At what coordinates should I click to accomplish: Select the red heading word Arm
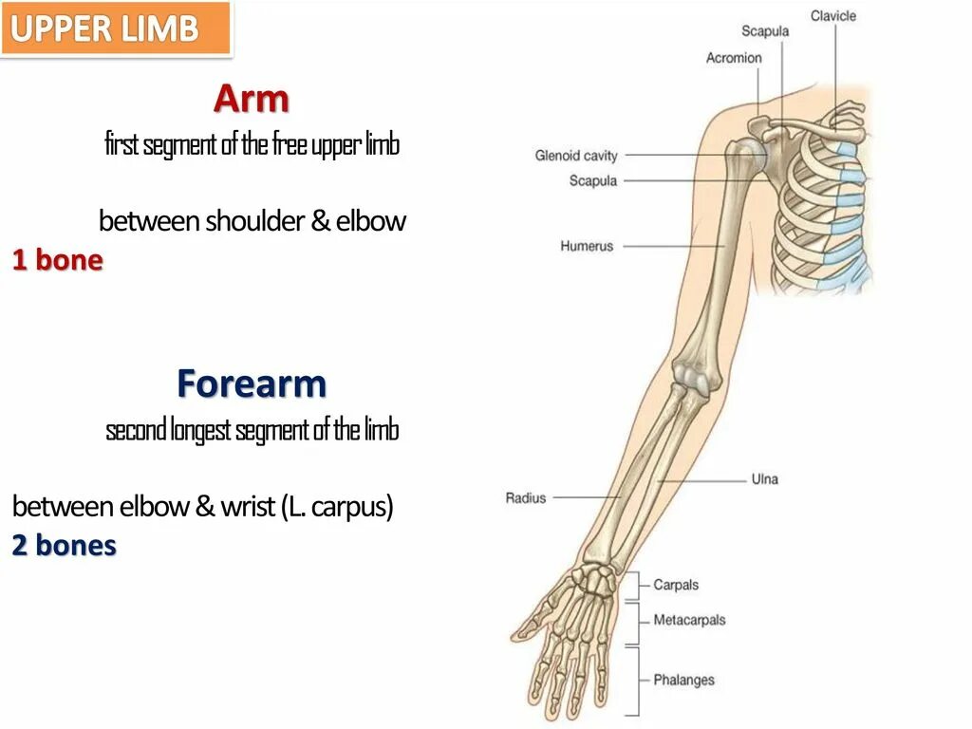coord(251,98)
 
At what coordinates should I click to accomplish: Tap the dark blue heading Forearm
coord(252,383)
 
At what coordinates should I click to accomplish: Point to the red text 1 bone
coord(57,260)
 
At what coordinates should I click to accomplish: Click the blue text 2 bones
coord(64,546)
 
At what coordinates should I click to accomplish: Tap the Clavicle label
coord(832,16)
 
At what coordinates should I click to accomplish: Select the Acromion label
coord(734,58)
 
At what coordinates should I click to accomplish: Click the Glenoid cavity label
coord(576,156)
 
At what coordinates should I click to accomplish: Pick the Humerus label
coord(587,246)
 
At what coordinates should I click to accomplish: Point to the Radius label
coord(526,497)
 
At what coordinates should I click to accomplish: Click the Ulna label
coord(764,479)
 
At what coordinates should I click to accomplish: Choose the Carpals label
coord(676,586)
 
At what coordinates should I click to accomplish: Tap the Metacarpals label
coord(689,620)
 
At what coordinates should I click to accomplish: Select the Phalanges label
coord(683,680)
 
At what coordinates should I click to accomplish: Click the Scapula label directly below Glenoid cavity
coord(593,180)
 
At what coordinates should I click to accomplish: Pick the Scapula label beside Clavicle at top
coord(765,31)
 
